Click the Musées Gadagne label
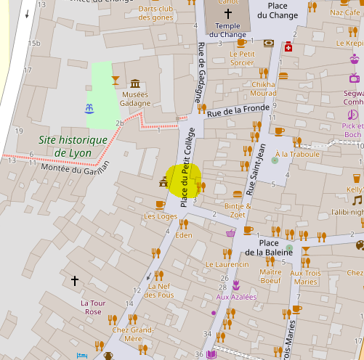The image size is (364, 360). click(134, 99)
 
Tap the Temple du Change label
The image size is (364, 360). click(227, 30)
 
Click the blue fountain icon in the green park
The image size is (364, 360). click(90, 109)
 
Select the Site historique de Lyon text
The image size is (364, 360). click(73, 146)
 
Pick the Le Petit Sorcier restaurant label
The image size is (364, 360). click(242, 57)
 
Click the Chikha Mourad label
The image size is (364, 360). click(263, 89)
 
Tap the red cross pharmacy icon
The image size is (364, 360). click(288, 47)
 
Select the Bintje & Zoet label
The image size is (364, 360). click(237, 210)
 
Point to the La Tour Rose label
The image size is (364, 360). click(92, 306)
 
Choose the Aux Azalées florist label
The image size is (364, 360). click(236, 296)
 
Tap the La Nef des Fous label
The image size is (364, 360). click(160, 290)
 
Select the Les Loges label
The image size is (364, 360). click(161, 216)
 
